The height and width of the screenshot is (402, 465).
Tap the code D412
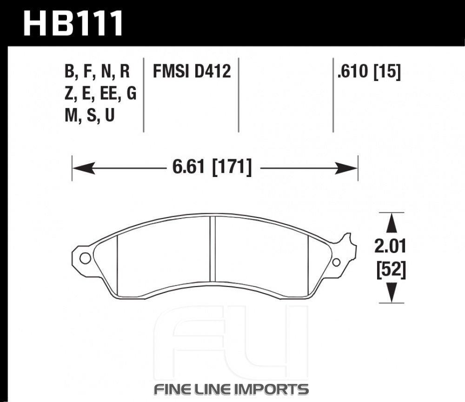(x=213, y=72)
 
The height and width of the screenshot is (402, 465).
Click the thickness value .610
(x=353, y=72)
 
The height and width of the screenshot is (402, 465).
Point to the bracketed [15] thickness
(x=387, y=72)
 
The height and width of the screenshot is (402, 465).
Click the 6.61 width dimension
(x=189, y=166)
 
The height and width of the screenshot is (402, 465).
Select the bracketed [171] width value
(x=232, y=167)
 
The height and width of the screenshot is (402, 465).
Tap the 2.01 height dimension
(x=390, y=246)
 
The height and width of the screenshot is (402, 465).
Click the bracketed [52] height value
(x=391, y=270)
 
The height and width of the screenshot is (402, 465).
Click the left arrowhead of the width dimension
(x=84, y=168)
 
